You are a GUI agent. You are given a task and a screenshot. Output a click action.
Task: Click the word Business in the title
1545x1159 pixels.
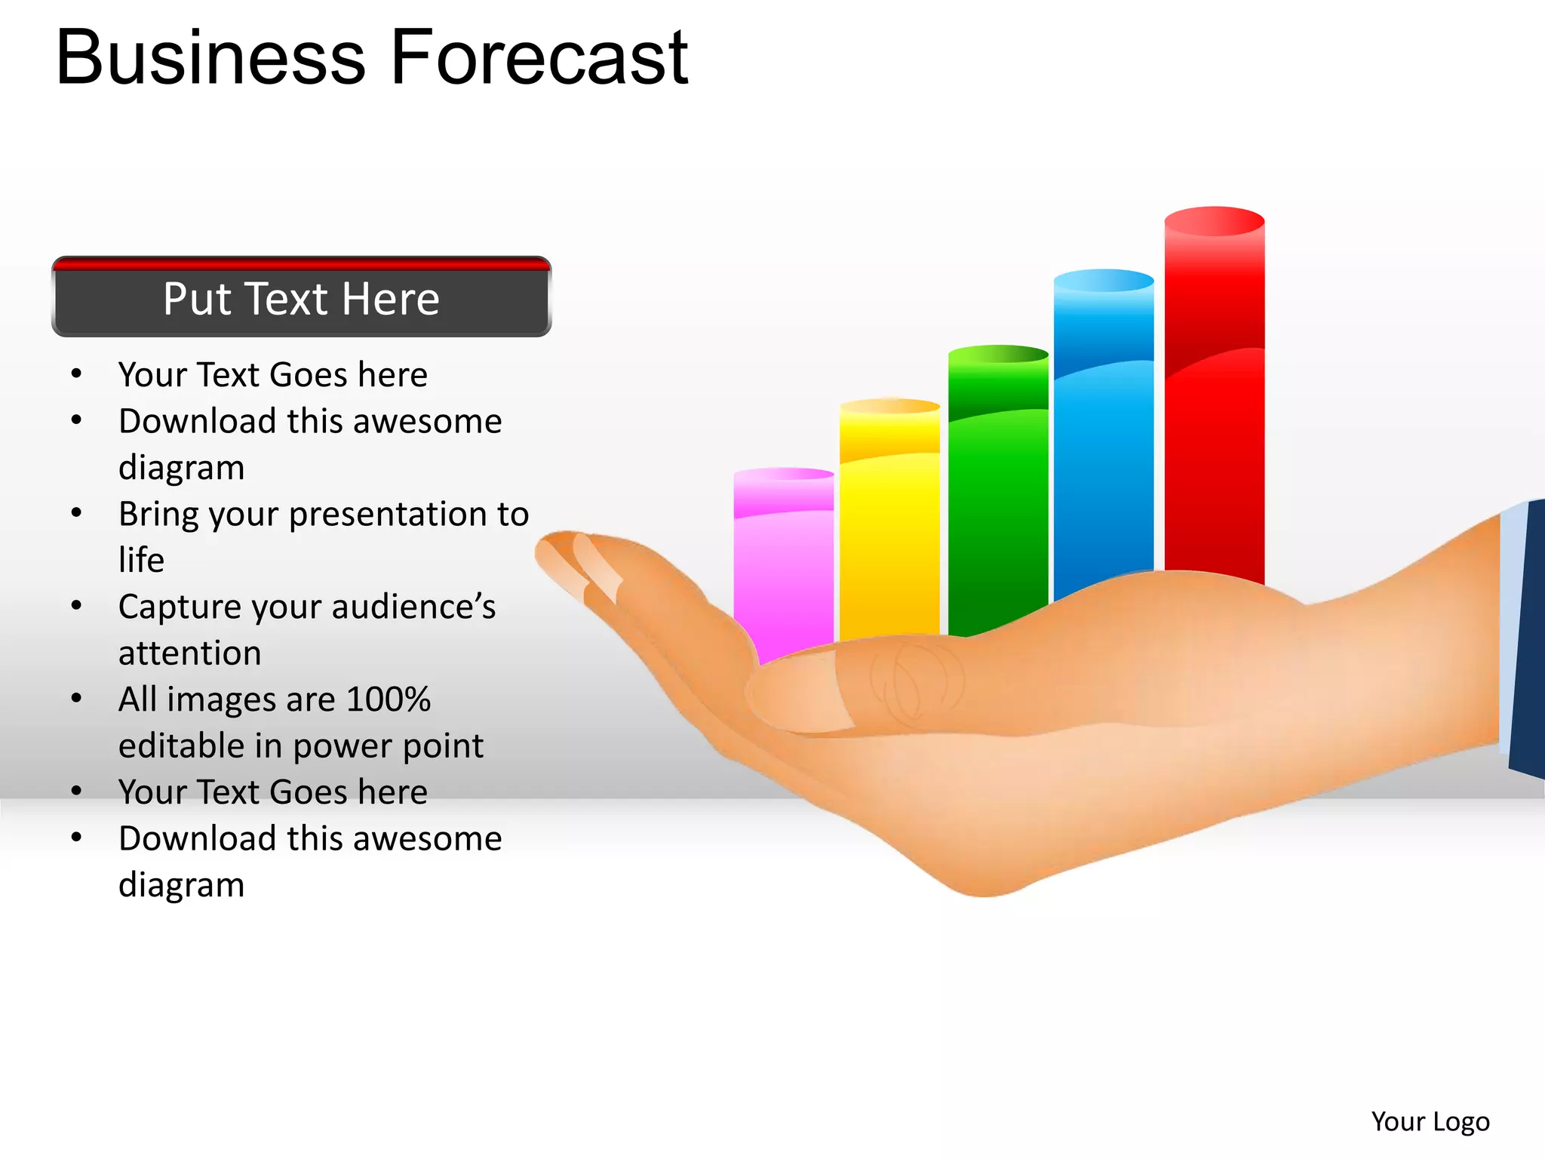210,57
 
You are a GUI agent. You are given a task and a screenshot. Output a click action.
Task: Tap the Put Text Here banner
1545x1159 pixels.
301,298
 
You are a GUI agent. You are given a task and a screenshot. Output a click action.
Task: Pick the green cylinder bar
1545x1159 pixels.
997,490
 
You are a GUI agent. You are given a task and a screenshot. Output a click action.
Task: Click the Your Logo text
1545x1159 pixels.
1430,1122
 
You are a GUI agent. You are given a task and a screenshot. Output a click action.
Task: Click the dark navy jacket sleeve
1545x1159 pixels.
1528,641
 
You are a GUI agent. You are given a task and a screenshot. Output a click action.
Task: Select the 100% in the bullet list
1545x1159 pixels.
388,699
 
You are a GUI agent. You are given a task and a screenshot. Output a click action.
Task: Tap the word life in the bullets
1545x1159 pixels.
141,560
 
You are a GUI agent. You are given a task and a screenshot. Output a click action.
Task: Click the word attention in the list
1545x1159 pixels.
189,653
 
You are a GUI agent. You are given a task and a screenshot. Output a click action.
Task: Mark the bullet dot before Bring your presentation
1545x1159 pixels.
76,513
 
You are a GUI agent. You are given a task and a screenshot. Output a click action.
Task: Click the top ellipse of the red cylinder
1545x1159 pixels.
1214,221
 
